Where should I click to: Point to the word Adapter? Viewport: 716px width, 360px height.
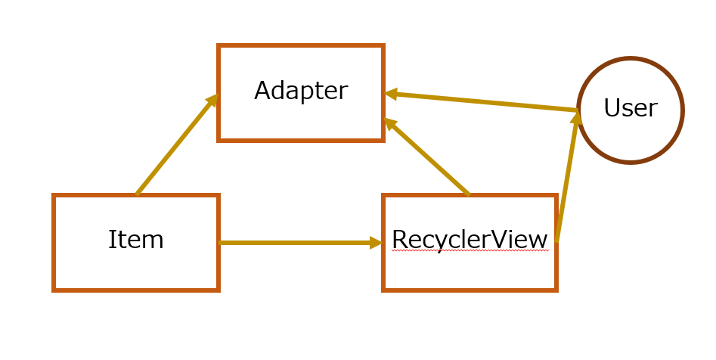[301, 91]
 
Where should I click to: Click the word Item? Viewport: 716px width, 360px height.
[135, 240]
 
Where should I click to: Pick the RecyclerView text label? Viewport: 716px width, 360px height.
[470, 240]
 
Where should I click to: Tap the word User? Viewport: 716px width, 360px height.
[631, 108]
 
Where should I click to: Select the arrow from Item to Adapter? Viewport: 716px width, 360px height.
[178, 144]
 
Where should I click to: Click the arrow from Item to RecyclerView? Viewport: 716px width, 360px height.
[300, 243]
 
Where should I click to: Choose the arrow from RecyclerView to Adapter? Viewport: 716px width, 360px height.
[426, 157]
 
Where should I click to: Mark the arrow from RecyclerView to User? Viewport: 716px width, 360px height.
[568, 176]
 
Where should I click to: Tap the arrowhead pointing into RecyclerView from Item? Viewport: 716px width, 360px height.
[376, 243]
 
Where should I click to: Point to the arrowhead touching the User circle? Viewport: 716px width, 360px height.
[577, 117]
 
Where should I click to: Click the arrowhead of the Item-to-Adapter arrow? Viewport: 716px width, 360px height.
[212, 100]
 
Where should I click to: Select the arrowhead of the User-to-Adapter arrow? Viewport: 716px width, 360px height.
[391, 94]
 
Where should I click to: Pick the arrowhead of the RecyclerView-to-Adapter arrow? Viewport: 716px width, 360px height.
[390, 123]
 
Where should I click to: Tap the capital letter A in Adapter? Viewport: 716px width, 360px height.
[263, 91]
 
